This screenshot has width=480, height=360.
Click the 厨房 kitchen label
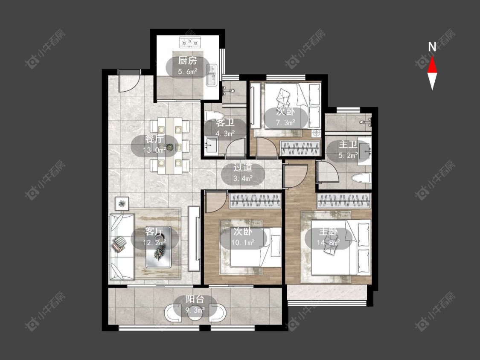point(188,61)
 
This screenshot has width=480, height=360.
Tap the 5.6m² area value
point(188,72)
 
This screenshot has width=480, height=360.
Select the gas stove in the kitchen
point(190,42)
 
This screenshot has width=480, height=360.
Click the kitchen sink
point(211,75)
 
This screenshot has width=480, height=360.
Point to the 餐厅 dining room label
point(154,139)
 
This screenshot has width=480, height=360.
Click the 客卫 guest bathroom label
point(225,123)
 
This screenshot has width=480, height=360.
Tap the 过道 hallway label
point(243,167)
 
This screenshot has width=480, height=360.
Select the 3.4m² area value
point(243,178)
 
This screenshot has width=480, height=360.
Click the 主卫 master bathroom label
point(348,145)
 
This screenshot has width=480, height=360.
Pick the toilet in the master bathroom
point(361,178)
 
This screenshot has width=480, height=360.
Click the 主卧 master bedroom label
point(329,232)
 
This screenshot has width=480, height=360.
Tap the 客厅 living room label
point(154,231)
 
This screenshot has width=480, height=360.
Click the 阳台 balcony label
point(195,299)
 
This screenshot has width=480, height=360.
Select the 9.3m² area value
point(195,310)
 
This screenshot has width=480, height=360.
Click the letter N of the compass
point(432,47)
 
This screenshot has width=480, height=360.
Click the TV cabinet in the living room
point(194,239)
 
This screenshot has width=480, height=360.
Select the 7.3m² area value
point(285,122)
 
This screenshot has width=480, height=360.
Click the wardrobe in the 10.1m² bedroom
point(255,201)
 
